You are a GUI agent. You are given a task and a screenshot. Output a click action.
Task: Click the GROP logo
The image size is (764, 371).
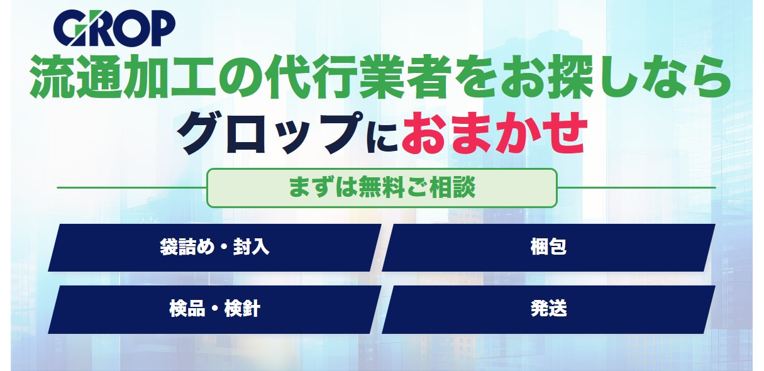(x=114, y=29)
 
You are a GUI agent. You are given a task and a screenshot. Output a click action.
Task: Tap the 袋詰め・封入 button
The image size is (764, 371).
(x=214, y=247)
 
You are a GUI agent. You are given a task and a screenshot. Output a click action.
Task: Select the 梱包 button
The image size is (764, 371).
(x=548, y=247)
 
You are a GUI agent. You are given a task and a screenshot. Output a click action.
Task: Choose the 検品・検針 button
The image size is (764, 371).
(x=214, y=309)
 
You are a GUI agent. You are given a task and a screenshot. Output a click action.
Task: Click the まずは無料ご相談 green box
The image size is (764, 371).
(x=382, y=187)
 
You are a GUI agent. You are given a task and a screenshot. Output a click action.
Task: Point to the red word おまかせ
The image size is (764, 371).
(x=494, y=134)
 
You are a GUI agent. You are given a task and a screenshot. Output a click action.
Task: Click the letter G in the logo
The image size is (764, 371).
(x=69, y=30)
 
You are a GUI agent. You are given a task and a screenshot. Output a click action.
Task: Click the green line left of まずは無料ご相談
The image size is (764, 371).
(x=131, y=187)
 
